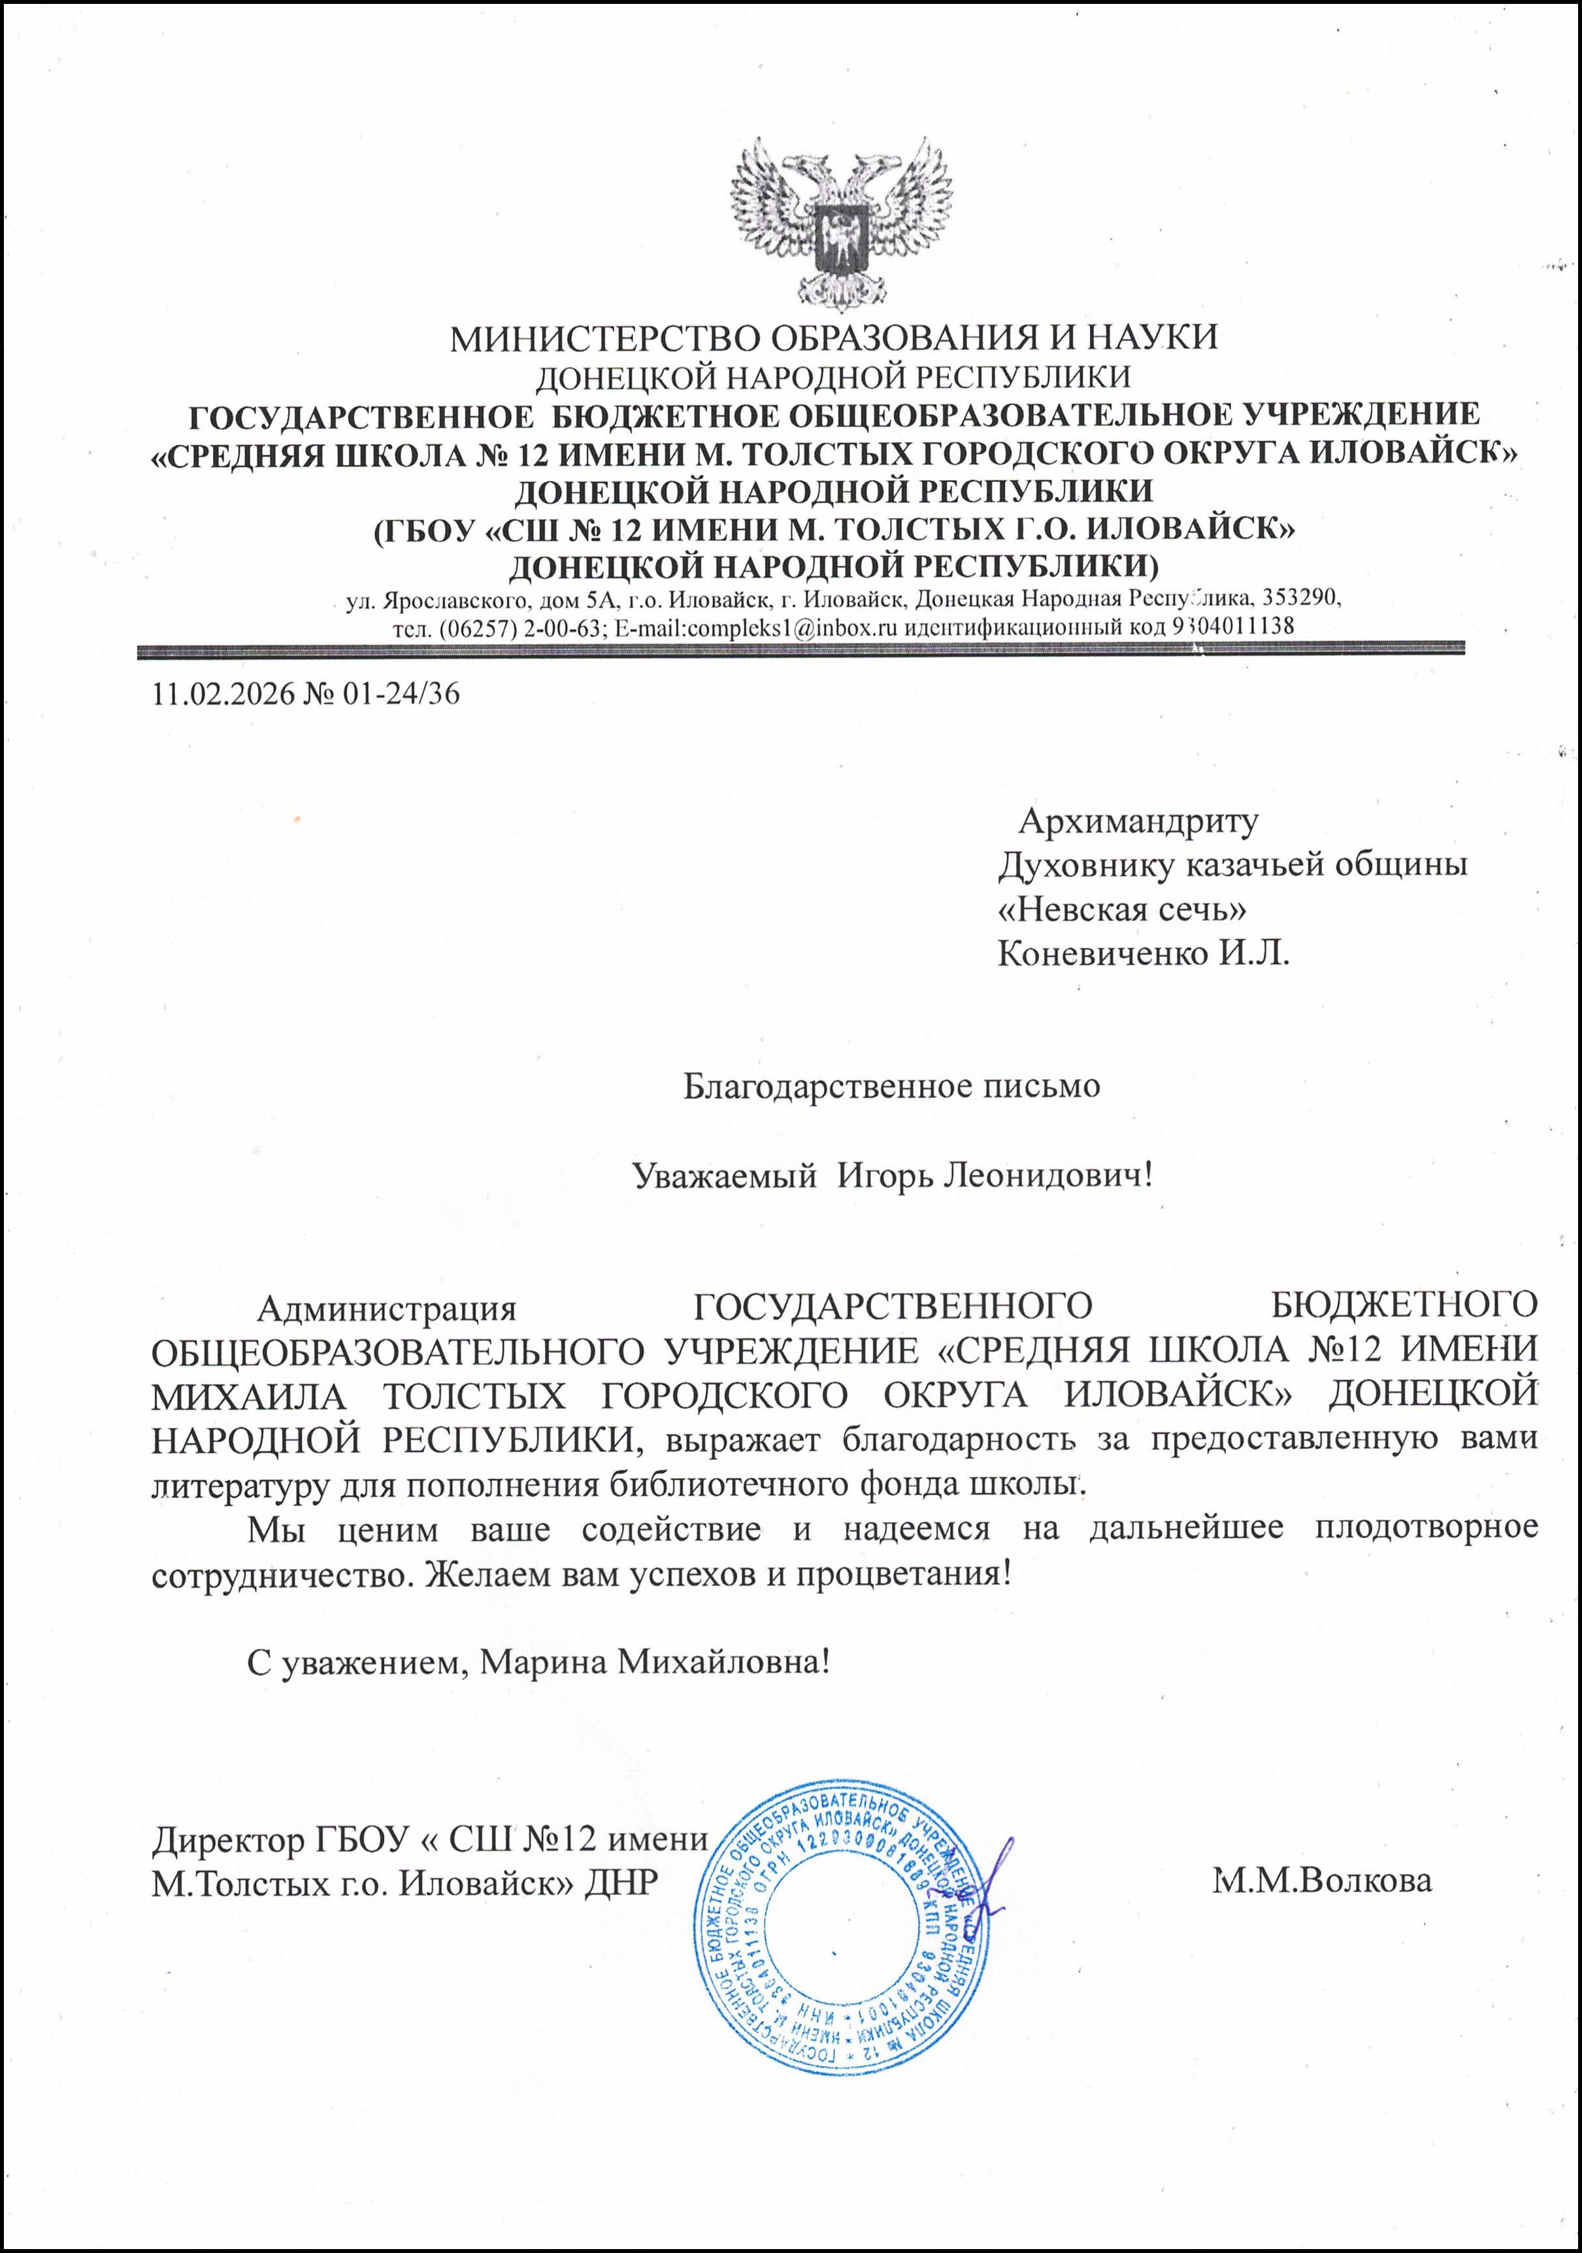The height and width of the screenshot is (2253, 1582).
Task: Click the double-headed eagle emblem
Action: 841,223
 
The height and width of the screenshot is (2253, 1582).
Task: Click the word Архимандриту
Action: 1138,820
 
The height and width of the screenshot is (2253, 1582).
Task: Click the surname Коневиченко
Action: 1103,953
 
